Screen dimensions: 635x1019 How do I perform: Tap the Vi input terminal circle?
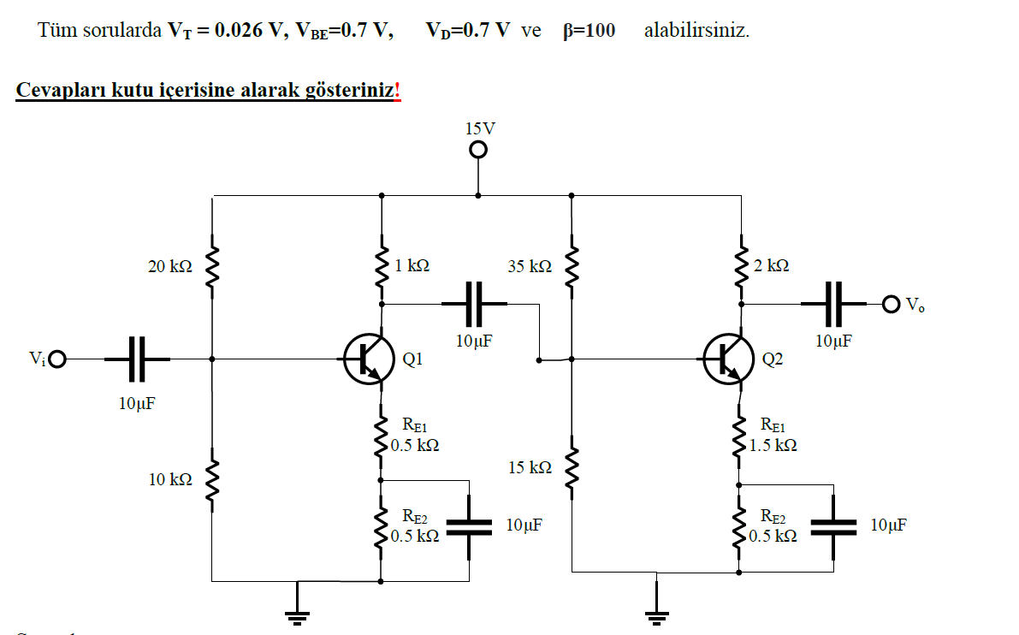(58, 359)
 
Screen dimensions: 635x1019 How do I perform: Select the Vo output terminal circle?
(892, 304)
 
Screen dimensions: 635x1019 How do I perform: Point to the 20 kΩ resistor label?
(169, 267)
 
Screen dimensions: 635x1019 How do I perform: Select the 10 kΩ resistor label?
(169, 479)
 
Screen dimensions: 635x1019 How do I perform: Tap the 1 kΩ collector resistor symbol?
(382, 267)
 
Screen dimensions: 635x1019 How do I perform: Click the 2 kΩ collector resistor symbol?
(741, 267)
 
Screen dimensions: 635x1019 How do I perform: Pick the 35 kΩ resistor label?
(529, 267)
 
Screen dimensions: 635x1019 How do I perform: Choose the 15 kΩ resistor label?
(529, 468)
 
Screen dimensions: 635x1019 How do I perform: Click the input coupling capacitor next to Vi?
(137, 359)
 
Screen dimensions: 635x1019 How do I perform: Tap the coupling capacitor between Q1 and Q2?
(474, 303)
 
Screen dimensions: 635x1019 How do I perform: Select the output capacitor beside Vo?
(833, 303)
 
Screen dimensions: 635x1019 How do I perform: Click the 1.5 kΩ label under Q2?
(773, 446)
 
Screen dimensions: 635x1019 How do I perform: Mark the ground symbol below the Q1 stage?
(298, 609)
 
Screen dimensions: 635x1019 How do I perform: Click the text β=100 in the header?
(589, 31)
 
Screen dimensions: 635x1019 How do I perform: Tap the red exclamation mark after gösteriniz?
(397, 91)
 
